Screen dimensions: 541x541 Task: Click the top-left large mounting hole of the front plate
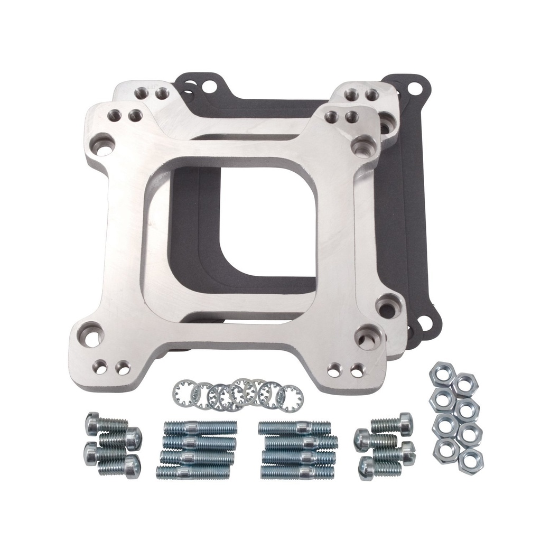102,144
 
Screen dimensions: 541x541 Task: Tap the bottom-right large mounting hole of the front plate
365,337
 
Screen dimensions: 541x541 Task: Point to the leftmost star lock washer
183,394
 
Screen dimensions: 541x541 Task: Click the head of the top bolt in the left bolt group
92,422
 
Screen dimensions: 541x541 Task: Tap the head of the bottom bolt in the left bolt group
133,467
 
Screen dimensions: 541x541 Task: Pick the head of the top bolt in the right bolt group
405,423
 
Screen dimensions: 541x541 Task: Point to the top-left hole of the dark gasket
210,85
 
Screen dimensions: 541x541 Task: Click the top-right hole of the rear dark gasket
416,88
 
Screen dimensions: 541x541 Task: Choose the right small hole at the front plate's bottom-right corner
357,370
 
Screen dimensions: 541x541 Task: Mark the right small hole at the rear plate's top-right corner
372,95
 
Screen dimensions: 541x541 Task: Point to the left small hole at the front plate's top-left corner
113,115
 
